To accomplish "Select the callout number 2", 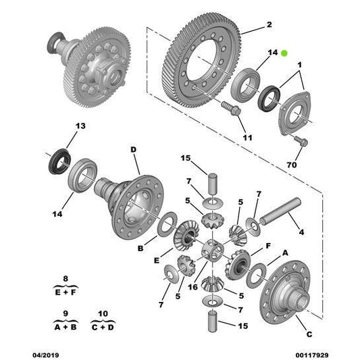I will (x=268, y=25).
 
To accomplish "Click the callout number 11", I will (x=247, y=138).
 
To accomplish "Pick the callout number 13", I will (x=80, y=126).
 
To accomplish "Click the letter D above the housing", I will (x=133, y=149).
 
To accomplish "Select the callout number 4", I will (x=301, y=232).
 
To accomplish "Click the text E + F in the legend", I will (x=65, y=292).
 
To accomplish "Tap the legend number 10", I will (x=102, y=313).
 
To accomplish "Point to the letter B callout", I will (x=140, y=249).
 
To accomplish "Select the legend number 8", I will (x=65, y=278).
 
